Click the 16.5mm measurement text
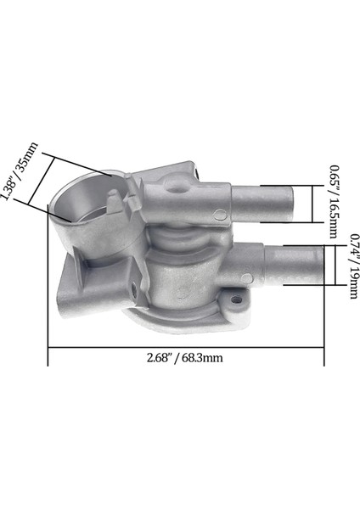pyautogui.click(x=335, y=217)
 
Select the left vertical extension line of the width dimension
pyautogui.click(x=48, y=339)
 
